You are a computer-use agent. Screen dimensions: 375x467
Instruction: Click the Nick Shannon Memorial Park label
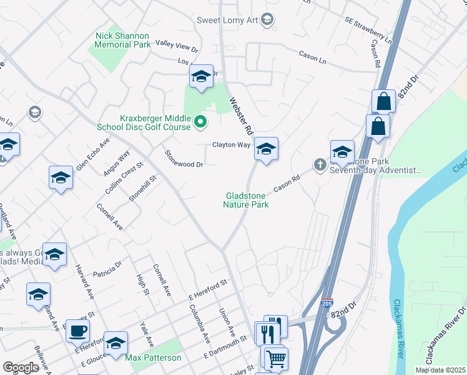coord(122,41)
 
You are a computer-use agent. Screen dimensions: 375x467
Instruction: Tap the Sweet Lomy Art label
coord(227,20)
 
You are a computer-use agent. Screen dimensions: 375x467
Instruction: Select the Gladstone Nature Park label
coord(247,200)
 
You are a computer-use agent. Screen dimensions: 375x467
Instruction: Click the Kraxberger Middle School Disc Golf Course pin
coord(200,121)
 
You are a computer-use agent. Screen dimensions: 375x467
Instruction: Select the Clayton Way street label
coord(231,144)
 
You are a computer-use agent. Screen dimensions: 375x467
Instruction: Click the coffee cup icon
coord(77,330)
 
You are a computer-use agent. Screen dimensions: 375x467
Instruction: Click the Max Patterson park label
coord(153,358)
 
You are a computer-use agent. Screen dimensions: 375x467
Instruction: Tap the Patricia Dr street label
coord(107,269)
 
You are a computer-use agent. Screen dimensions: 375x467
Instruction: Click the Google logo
coord(21,367)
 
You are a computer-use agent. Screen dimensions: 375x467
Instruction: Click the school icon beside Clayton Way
coord(266,149)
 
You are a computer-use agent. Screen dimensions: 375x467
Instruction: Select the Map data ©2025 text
coord(440,370)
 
